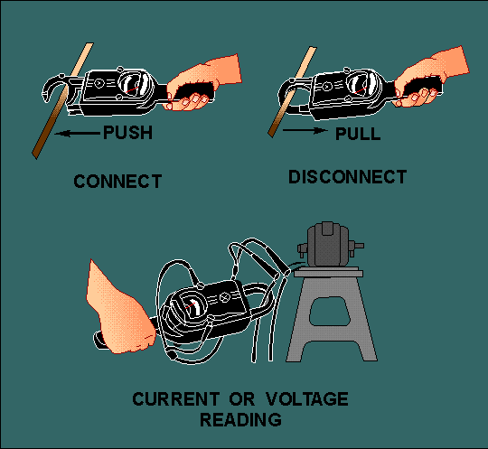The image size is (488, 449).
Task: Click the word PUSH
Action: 128,133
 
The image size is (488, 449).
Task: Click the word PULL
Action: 358,134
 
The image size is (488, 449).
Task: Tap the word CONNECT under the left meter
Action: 117,181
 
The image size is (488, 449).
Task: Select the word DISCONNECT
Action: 348,177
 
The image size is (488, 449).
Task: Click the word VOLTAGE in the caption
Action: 307,399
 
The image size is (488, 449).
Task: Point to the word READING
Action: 241,420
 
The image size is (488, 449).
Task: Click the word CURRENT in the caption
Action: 175,399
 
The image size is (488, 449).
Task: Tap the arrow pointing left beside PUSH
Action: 77,134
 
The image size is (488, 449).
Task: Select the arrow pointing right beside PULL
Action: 305,131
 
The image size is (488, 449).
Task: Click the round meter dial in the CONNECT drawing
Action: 136,84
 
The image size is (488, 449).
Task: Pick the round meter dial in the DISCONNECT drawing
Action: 363,85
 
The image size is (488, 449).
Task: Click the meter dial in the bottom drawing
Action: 190,305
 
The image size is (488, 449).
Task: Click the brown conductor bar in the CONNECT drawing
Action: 62,100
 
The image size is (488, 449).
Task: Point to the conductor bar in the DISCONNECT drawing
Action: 292,92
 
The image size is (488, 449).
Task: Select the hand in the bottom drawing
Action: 118,311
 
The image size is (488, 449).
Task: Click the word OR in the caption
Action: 242,399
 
